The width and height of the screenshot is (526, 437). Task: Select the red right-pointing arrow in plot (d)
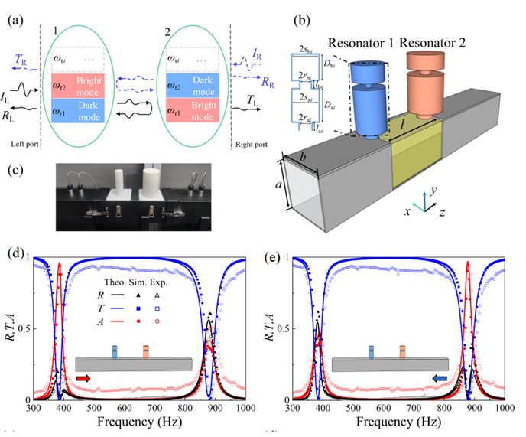(84, 378)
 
